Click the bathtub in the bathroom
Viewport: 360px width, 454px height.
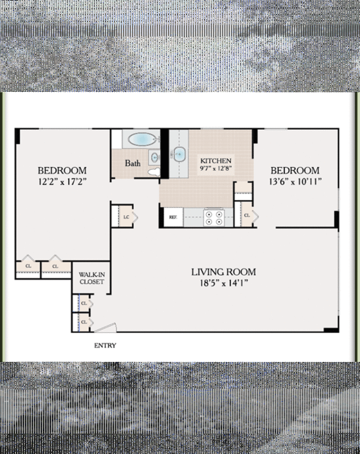click(x=140, y=139)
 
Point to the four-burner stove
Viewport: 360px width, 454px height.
click(x=214, y=217)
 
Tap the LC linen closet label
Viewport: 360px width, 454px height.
click(x=127, y=216)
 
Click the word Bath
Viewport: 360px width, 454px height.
click(x=133, y=164)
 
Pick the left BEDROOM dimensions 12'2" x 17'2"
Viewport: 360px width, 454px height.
click(x=62, y=181)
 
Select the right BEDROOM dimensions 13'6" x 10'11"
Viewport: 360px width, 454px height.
click(x=295, y=181)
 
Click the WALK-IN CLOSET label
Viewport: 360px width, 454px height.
click(x=91, y=278)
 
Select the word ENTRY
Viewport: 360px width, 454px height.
click(x=105, y=346)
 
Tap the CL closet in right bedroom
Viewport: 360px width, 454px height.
click(x=246, y=215)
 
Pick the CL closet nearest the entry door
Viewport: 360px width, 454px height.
click(x=83, y=322)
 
